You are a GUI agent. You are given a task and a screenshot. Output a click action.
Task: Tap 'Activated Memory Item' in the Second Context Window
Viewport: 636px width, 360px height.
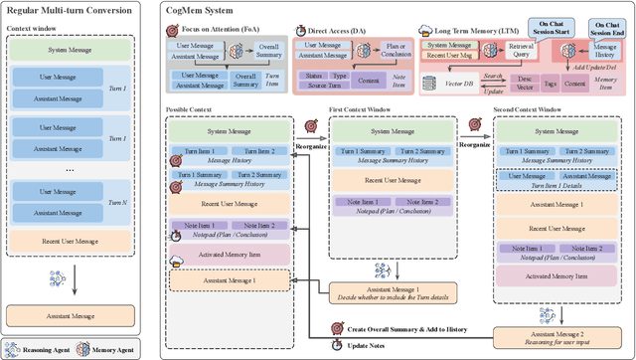[559, 274]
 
